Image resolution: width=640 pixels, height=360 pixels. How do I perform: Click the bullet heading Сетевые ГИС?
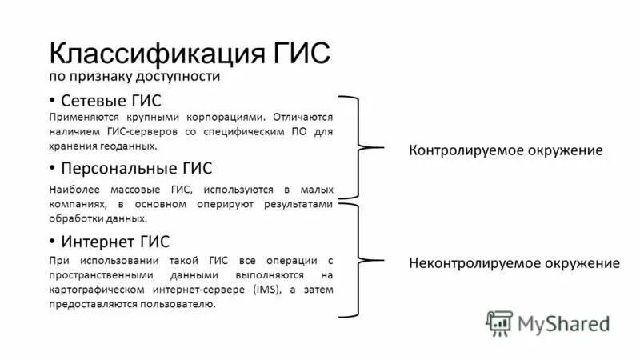click(111, 100)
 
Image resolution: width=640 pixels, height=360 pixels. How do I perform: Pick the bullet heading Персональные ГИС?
click(137, 168)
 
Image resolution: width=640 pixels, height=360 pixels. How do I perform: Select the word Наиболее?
click(73, 189)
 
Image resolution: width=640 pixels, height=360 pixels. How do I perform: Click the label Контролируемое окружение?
click(506, 150)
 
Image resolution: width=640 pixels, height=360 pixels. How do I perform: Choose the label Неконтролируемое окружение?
click(514, 262)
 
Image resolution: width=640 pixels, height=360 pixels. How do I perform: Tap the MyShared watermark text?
click(564, 322)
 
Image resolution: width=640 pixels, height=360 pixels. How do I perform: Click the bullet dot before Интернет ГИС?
click(52, 241)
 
